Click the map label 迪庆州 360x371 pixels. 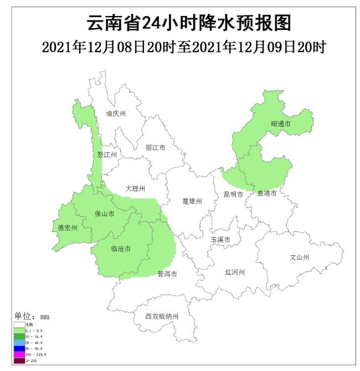coord(116,114)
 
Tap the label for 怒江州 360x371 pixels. coord(107,155)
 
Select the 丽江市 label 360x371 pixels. coord(156,148)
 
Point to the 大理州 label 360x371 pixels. coord(135,189)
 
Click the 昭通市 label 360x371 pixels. coord(281,124)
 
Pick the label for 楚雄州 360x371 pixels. coord(192,201)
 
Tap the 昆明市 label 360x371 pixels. coord(233,194)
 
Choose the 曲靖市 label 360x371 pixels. coord(266,193)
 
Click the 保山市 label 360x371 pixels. coord(105,213)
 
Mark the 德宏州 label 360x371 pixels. coord(68,228)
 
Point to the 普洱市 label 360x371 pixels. coord(167,274)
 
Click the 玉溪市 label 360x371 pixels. coord(220,239)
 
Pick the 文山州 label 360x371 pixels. coord(299,257)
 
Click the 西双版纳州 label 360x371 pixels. coord(162,317)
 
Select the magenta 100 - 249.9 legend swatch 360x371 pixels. coord(19,354)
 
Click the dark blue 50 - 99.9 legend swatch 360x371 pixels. coord(19,348)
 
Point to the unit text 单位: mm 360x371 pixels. coord(32,316)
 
